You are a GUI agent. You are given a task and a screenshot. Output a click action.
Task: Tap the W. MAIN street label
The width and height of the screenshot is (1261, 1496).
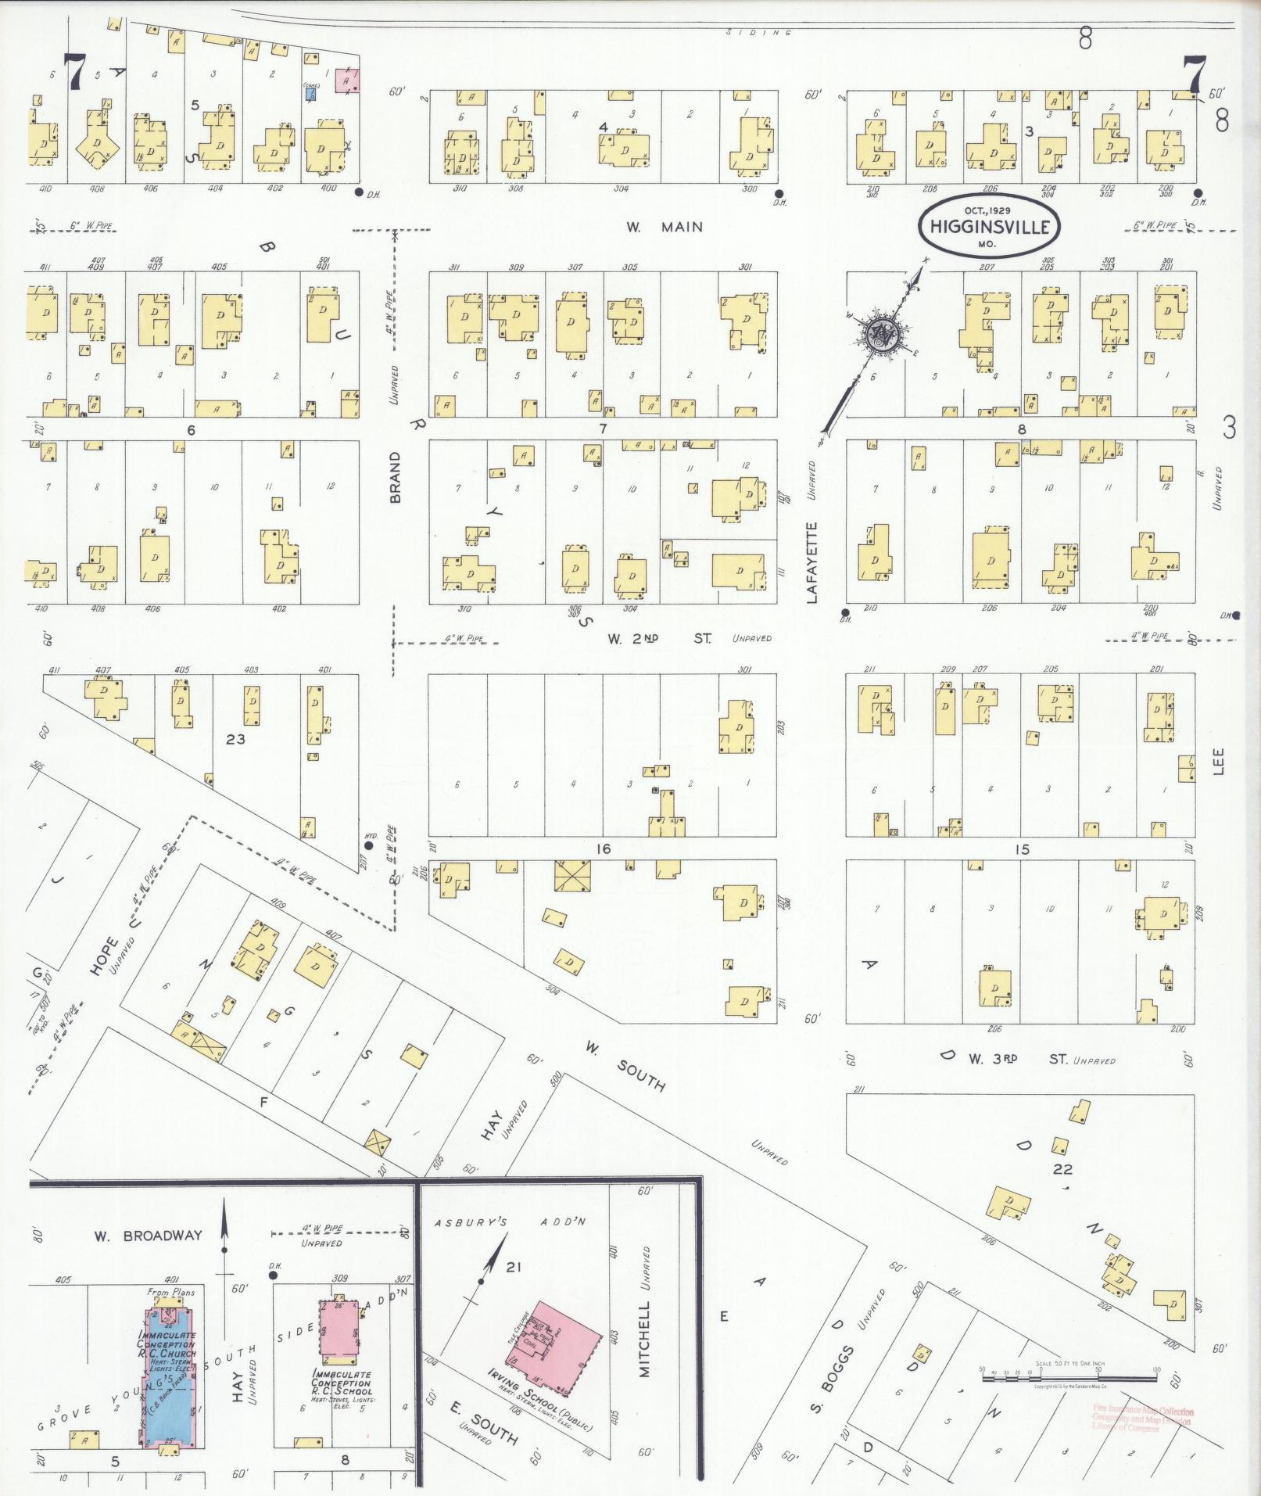point(664,228)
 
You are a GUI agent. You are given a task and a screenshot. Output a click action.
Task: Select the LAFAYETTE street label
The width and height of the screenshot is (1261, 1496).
point(811,562)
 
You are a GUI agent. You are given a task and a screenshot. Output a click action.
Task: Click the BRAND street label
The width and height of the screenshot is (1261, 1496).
point(395,477)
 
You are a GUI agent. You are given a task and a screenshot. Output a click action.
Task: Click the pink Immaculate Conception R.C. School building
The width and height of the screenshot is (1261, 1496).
point(342,1331)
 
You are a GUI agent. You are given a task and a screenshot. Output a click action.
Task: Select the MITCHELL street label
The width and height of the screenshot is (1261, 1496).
point(645,1340)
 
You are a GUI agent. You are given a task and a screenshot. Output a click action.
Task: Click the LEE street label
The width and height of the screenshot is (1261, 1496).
point(1219,762)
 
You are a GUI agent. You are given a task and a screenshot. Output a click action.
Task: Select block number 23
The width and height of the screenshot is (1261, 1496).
point(235,738)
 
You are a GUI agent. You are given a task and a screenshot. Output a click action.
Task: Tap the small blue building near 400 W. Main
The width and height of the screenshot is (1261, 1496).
point(311,93)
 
